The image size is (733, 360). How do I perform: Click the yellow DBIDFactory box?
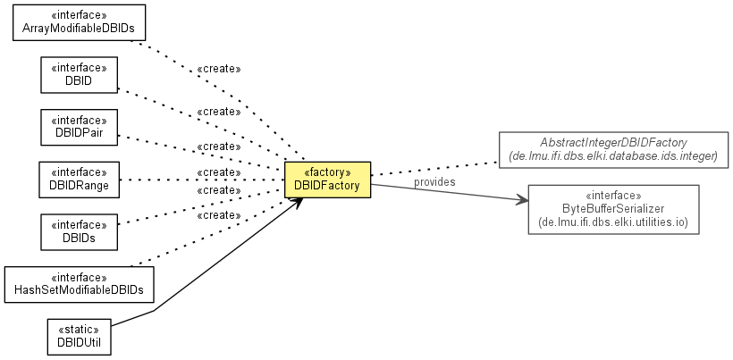point(327,180)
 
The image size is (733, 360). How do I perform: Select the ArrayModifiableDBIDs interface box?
point(80,22)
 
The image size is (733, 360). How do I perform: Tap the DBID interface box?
point(80,75)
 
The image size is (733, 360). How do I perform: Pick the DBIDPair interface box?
point(80,127)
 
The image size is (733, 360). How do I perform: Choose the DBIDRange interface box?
point(80,180)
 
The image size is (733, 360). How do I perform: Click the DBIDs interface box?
point(80,231)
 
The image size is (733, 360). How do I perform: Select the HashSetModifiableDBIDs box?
point(80,283)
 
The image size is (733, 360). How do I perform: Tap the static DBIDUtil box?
point(80,336)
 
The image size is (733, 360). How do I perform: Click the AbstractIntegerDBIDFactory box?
point(613,149)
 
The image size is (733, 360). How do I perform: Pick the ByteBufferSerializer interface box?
point(613,208)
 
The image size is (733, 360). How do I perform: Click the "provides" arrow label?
point(434,181)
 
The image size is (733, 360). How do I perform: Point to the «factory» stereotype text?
point(327,172)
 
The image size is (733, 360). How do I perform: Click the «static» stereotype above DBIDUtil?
point(80,329)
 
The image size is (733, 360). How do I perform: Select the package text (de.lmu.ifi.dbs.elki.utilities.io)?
point(613,221)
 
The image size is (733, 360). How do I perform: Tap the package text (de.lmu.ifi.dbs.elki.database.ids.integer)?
point(613,156)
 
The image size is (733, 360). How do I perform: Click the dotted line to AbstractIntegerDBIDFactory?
point(434,169)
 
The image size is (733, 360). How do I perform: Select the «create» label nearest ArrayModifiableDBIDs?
point(218,69)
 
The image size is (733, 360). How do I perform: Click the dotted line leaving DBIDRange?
point(197,180)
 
